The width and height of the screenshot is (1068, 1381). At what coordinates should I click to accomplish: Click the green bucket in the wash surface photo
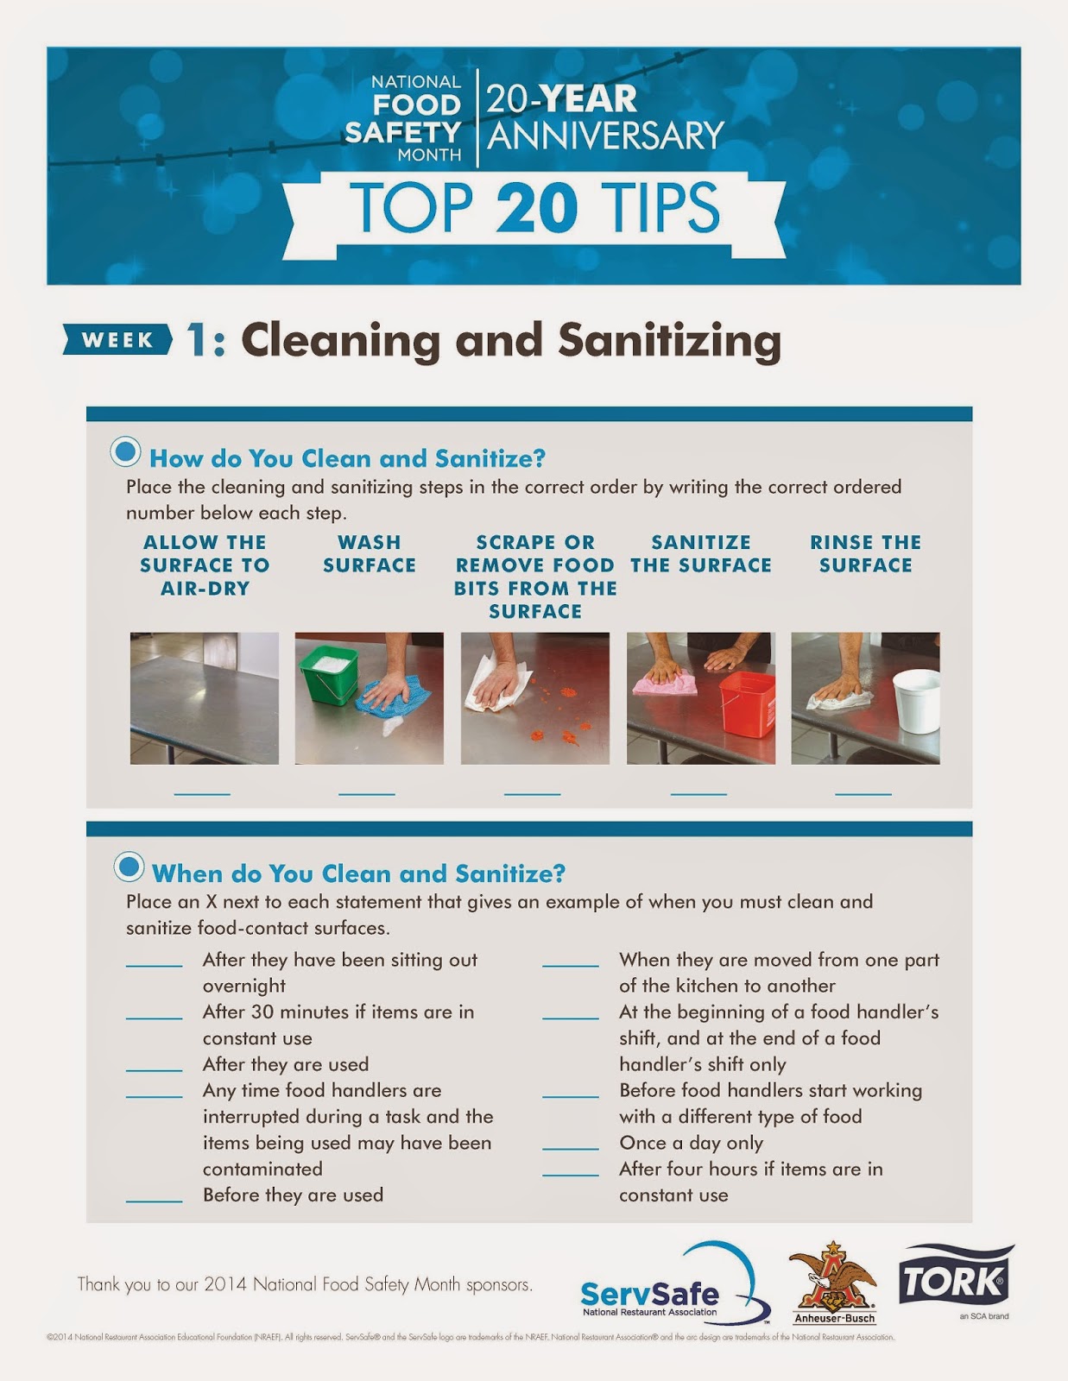(x=328, y=673)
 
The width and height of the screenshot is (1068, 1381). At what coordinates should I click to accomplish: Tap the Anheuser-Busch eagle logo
(x=833, y=1277)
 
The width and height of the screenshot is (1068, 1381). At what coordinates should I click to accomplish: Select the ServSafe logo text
(x=649, y=1294)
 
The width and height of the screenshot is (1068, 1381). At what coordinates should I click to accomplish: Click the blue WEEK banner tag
(x=117, y=340)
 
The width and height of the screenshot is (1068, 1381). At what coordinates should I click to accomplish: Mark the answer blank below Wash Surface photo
(x=367, y=792)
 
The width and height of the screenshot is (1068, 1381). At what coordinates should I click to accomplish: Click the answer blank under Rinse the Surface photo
(x=863, y=792)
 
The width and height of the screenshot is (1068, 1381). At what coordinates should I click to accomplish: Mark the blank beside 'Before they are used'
(x=154, y=1200)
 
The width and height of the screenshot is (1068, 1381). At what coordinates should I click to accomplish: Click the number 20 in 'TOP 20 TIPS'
(x=536, y=208)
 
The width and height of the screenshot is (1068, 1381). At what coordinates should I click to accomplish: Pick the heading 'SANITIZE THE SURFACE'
(x=701, y=554)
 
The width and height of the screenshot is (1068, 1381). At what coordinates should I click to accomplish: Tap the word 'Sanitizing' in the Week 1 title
(x=670, y=340)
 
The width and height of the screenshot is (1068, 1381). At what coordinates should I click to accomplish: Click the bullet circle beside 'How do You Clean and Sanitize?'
(x=126, y=451)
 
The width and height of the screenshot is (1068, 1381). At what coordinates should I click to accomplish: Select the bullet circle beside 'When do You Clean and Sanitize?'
(x=129, y=867)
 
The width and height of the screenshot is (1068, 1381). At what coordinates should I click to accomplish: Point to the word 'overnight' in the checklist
(x=244, y=986)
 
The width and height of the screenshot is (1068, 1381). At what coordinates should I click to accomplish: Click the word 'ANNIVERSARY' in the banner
(x=605, y=136)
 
